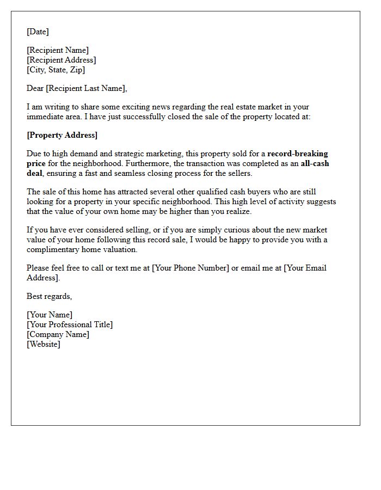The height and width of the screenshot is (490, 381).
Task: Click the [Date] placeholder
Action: pyautogui.click(x=38, y=32)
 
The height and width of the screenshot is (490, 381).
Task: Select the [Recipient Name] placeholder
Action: pyautogui.click(x=58, y=50)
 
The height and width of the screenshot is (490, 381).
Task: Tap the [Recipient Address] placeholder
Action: pyautogui.click(x=62, y=60)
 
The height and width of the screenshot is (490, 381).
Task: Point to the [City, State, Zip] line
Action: pyautogui.click(x=56, y=70)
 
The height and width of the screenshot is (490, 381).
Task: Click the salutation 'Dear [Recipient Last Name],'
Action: pyautogui.click(x=77, y=88)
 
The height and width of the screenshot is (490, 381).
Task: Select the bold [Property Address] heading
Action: pyautogui.click(x=62, y=135)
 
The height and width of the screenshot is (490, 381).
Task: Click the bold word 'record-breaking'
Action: pyautogui.click(x=298, y=154)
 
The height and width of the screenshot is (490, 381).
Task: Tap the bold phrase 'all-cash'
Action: pyautogui.click(x=315, y=163)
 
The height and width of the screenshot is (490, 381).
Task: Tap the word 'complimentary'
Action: pyautogui.click(x=53, y=249)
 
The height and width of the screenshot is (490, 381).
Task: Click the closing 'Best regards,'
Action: pyautogui.click(x=50, y=296)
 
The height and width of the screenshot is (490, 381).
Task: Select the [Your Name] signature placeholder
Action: pyautogui.click(x=50, y=315)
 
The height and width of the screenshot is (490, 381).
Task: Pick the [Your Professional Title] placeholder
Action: pyautogui.click(x=70, y=324)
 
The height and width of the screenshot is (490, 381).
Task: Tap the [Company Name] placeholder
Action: pyautogui.click(x=58, y=334)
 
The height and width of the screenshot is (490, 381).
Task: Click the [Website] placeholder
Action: pyautogui.click(x=44, y=344)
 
